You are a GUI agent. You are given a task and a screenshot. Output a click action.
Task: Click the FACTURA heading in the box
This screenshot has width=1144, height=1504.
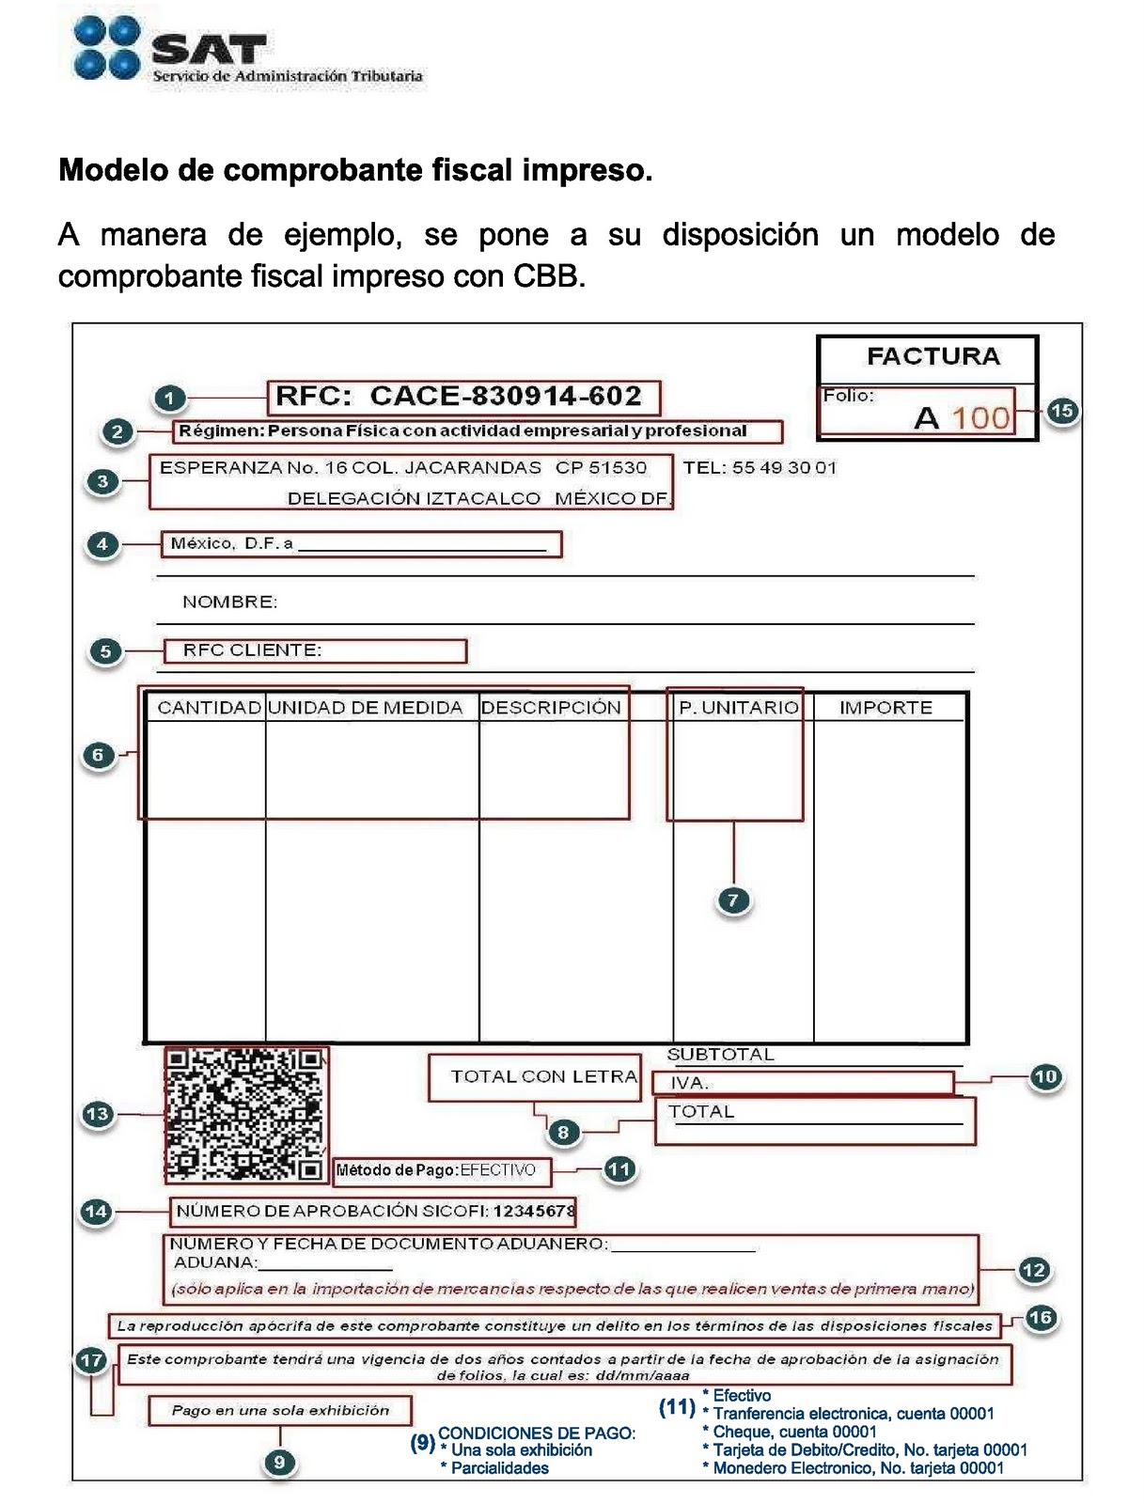(x=932, y=356)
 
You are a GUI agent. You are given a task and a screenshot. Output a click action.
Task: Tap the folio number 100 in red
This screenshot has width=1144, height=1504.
(x=981, y=417)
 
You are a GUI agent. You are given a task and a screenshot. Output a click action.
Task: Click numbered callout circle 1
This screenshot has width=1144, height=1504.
(x=169, y=399)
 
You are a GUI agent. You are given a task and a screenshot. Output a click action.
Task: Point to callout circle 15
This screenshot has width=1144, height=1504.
(x=1061, y=411)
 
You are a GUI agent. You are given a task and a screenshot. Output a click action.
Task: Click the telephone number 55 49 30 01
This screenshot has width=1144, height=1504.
(x=784, y=468)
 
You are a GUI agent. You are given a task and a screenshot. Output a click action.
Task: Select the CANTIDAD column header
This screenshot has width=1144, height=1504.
(x=208, y=708)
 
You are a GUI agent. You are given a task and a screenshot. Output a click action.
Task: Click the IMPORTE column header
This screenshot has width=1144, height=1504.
(x=885, y=708)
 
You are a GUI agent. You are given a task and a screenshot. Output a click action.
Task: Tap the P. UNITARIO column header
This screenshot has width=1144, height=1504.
(x=738, y=708)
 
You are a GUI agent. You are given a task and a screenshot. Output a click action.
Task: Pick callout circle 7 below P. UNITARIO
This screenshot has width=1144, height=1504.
(x=733, y=900)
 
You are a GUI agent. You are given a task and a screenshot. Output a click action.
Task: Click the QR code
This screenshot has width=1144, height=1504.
(x=245, y=1114)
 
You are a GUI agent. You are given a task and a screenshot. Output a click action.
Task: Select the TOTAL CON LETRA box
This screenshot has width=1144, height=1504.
(x=542, y=1077)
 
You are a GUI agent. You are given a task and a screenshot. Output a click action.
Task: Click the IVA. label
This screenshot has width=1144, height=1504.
(x=690, y=1083)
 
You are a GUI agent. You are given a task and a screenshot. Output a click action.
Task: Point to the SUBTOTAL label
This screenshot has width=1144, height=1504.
(x=720, y=1055)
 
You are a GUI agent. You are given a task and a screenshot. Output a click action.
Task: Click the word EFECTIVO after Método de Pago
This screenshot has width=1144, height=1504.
(x=497, y=1170)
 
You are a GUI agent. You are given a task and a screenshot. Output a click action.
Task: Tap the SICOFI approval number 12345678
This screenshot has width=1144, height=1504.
(x=533, y=1211)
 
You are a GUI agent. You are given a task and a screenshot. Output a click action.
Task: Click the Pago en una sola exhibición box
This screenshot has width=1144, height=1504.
(x=280, y=1410)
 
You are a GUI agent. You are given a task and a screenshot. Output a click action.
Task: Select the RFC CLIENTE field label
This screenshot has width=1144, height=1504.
(x=252, y=650)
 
